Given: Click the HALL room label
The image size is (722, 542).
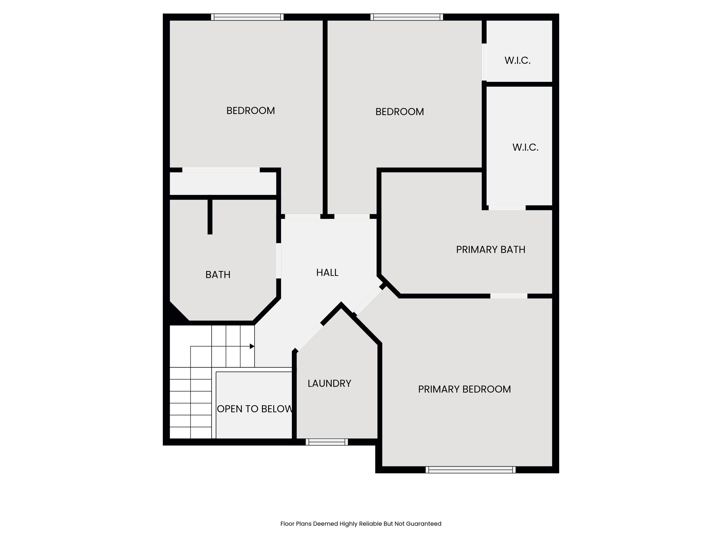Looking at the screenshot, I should coord(327,272).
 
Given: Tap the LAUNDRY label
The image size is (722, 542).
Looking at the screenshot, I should coord(329,383).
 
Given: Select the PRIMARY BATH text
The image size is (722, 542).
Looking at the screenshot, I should coord(490,249).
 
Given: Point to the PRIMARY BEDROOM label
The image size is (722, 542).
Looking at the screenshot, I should coord(464,389).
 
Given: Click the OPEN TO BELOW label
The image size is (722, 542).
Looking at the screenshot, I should coord(255,409).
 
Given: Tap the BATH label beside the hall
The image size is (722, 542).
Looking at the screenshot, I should coord(218,275).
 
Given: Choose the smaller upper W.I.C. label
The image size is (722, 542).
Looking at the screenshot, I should coord(517,60).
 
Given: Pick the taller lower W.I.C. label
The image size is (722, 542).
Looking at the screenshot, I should coord(525,147).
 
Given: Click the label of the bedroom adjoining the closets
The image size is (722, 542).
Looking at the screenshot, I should coord(399,112).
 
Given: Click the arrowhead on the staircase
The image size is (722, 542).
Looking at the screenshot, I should coord(252,346).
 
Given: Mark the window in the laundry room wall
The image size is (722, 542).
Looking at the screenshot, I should coord(326,442).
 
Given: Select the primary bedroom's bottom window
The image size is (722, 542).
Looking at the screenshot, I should coord(470,470).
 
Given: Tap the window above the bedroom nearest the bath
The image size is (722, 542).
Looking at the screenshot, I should coord(247,17).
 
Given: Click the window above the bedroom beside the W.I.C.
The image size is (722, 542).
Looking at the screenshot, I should coord(406,17).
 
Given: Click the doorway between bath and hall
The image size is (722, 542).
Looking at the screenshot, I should coord(279,260).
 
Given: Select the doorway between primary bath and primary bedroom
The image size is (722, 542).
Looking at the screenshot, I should coord(509,296).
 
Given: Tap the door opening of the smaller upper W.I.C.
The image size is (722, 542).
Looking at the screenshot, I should coord(484,62).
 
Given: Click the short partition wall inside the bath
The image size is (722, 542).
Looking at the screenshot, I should coord(210,216).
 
